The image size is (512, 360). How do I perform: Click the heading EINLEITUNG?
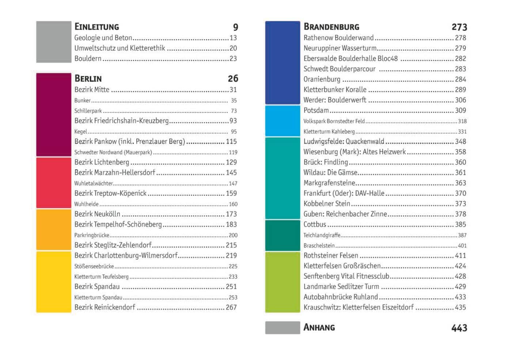96,27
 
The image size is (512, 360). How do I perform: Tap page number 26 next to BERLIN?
233,78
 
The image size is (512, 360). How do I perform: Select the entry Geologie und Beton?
103,38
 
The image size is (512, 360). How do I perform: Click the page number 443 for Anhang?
459,328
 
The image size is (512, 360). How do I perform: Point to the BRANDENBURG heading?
331,27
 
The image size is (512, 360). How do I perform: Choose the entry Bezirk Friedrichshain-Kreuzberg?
121,121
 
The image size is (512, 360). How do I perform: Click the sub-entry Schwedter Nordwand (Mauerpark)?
113,152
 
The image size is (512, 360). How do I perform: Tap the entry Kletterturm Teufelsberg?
101,277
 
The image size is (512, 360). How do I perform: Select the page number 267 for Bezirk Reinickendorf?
231,307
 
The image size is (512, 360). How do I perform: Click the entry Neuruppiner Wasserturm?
340,48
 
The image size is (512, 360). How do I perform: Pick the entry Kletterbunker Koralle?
335,90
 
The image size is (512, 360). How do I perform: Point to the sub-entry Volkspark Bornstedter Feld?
334,121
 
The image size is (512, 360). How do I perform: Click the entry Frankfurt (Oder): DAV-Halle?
344,194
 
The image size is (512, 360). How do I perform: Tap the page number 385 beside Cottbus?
460,225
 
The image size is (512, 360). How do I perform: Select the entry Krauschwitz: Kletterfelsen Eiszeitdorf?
358,307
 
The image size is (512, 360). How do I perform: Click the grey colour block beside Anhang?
282,328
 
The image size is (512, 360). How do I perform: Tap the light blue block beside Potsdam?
282,121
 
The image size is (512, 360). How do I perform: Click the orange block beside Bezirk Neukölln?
53,229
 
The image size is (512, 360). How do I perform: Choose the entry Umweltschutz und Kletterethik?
120,48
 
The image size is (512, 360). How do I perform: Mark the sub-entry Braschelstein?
319,246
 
